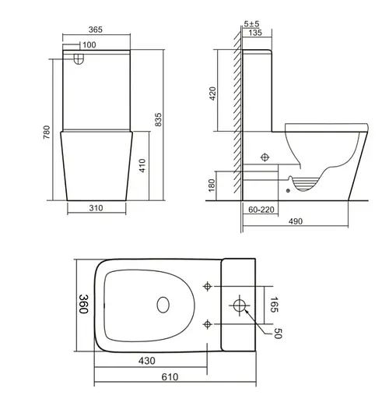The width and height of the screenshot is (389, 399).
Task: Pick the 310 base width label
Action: pos(96,209)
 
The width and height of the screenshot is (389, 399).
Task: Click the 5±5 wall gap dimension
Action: pos(251,24)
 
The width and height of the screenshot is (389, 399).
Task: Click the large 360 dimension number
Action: pos(83,303)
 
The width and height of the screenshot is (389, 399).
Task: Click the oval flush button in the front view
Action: pos(76,58)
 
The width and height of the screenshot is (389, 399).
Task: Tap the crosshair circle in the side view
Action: pos(265,157)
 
